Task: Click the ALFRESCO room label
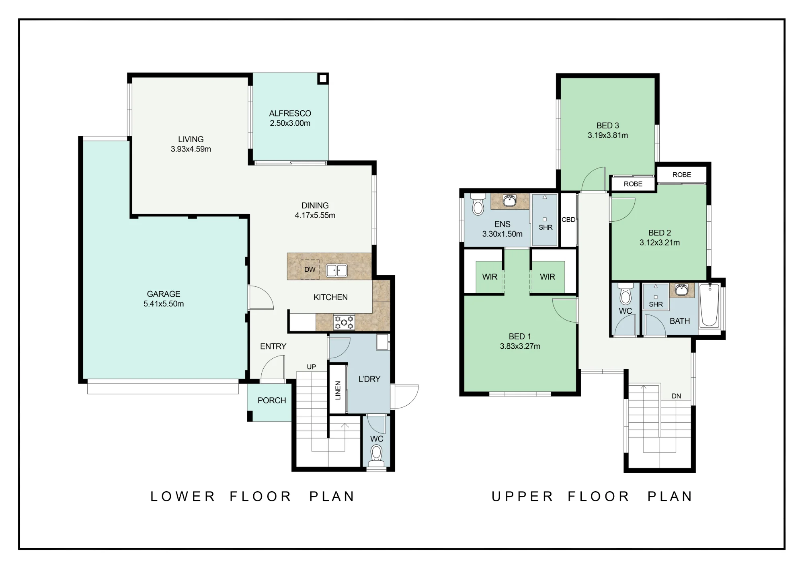(x=290, y=113)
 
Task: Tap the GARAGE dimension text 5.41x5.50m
(x=164, y=304)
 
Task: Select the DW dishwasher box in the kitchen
(x=310, y=270)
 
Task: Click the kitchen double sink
(x=336, y=270)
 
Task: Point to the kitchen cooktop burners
(x=344, y=322)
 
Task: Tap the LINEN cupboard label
(x=338, y=390)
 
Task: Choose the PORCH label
(x=272, y=400)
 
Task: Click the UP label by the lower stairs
(x=312, y=367)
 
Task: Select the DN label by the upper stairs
(x=677, y=396)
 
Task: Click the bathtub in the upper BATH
(x=710, y=305)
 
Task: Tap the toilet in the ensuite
(x=478, y=204)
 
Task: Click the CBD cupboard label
(x=568, y=220)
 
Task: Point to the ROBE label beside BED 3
(x=633, y=184)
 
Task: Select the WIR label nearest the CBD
(x=548, y=277)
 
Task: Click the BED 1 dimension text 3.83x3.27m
(x=520, y=346)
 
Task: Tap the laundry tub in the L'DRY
(x=382, y=342)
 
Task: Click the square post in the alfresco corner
(x=323, y=78)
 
